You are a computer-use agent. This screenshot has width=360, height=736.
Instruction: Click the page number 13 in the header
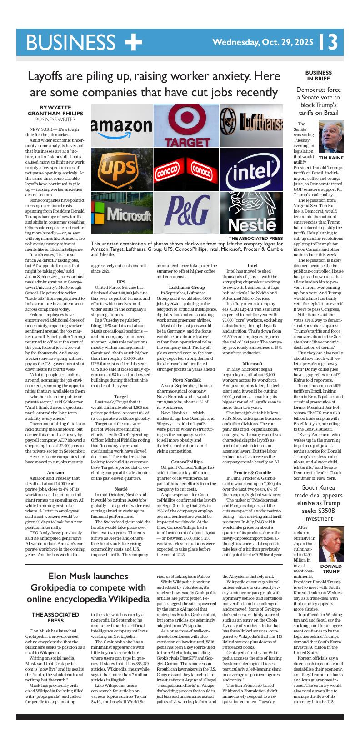point(328,42)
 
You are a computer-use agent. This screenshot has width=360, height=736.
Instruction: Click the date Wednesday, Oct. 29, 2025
point(263,42)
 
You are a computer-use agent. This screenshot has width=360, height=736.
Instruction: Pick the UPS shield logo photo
point(121,169)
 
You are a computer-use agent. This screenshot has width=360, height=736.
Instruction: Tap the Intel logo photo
point(251,169)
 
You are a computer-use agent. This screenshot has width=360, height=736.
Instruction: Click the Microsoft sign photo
point(121,213)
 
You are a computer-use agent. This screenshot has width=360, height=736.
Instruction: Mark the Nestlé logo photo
point(251,213)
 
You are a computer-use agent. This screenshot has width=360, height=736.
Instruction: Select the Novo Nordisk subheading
point(186,380)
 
